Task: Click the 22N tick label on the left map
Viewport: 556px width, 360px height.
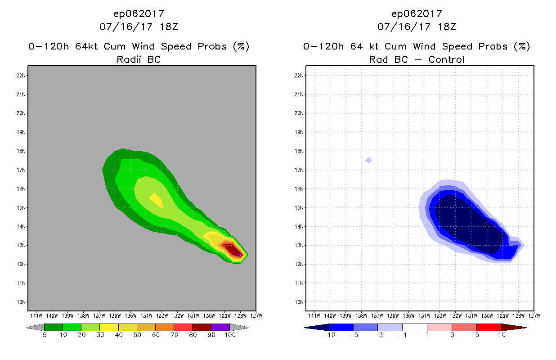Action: [21, 76]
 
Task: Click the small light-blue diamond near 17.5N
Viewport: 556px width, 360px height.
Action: [368, 160]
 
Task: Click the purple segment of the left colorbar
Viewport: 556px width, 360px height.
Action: [220, 327]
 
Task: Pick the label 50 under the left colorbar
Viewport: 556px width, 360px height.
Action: [137, 335]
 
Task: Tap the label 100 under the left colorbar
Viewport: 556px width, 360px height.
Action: [229, 335]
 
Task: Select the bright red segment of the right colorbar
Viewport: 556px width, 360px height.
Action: [489, 327]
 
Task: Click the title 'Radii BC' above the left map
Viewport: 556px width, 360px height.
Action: [139, 59]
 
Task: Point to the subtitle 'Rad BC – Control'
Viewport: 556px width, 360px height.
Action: [417, 59]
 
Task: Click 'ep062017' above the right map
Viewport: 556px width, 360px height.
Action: [417, 13]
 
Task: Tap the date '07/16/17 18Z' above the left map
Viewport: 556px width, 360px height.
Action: [139, 27]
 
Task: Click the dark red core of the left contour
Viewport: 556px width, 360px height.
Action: [232, 249]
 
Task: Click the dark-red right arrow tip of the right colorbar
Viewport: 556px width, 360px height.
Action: [520, 327]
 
